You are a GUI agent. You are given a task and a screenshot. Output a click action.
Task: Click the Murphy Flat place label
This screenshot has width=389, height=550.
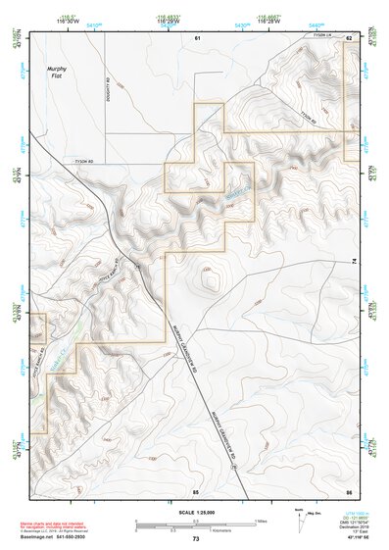(x=58, y=73)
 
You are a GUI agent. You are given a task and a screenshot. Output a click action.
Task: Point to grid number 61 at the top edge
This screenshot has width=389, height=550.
(x=196, y=37)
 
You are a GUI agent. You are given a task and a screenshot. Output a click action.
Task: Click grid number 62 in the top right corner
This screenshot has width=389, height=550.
(x=348, y=37)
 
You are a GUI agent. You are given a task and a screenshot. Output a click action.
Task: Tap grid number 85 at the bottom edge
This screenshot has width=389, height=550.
(x=196, y=489)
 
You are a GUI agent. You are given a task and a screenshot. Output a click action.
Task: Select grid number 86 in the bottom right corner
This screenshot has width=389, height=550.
(x=348, y=489)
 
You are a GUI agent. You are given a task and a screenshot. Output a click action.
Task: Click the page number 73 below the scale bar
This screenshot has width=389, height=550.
(x=196, y=539)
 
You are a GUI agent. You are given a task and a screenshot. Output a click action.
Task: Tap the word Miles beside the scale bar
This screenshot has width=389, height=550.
(x=260, y=521)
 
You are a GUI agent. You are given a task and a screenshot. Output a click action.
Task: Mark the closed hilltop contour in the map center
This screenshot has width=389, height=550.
(x=209, y=280)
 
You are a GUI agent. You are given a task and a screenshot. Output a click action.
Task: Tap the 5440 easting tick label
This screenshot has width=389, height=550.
(x=314, y=20)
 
